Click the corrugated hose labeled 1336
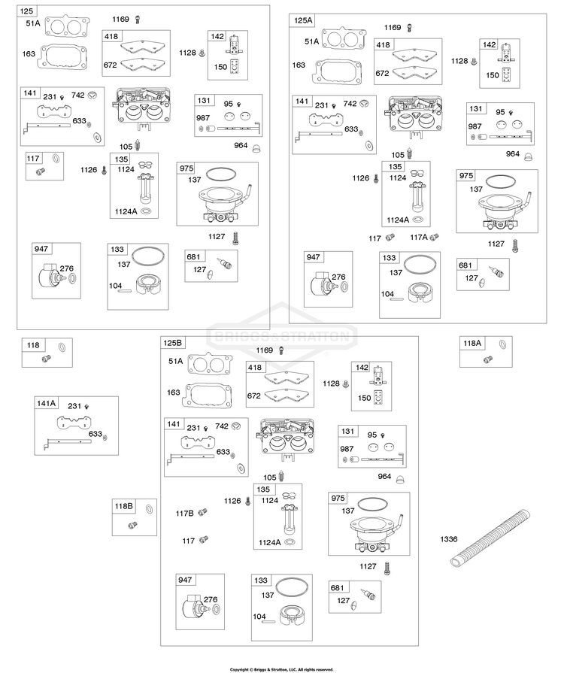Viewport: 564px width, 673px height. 490,538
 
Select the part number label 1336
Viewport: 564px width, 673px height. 448,539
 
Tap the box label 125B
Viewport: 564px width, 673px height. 172,343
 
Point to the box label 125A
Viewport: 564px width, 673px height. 303,20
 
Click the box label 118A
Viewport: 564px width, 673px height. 472,343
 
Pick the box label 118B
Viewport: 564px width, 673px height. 123,506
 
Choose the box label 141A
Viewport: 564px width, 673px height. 47,403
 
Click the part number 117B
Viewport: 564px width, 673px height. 184,514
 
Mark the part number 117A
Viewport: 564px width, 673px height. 419,237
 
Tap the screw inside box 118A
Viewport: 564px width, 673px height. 487,359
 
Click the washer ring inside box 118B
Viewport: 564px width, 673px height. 149,509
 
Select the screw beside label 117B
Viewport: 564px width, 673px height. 203,511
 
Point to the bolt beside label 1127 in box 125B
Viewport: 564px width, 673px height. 387,568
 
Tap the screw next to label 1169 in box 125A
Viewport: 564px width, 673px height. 409,28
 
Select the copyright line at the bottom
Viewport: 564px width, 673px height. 281,669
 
